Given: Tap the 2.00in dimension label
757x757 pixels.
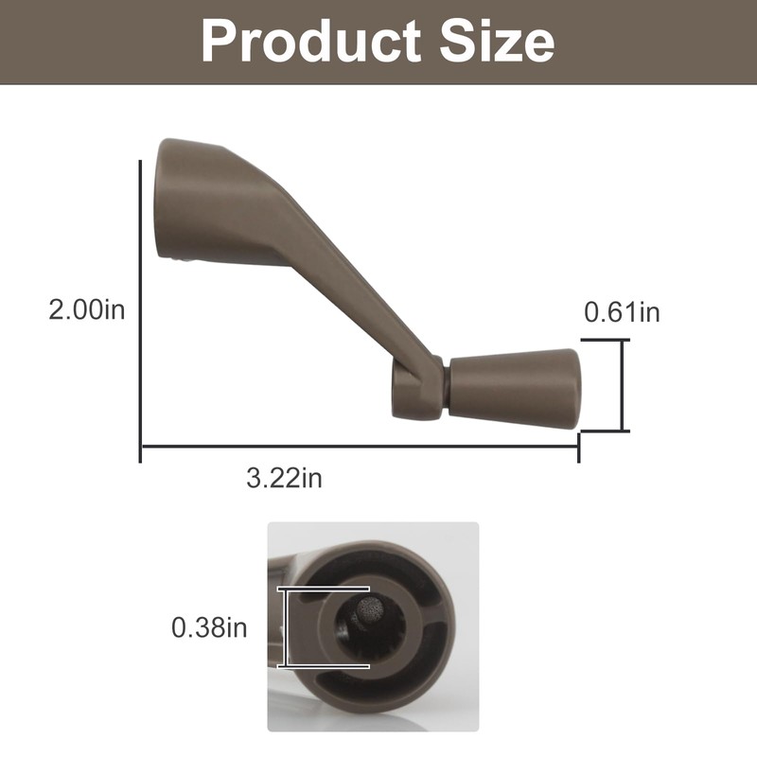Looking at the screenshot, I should click(x=87, y=309).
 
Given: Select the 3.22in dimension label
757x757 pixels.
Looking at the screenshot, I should click(x=284, y=478).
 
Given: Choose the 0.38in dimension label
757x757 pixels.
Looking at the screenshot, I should click(x=209, y=626).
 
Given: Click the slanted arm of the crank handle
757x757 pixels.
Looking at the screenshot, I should click(x=341, y=274).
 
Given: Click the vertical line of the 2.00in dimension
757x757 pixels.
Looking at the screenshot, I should click(x=140, y=303).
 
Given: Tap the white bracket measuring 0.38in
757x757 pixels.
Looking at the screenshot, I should click(x=285, y=627).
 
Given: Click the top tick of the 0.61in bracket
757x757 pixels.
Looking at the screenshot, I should click(x=606, y=341).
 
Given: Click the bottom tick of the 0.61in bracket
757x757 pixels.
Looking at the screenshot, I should click(x=606, y=431).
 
